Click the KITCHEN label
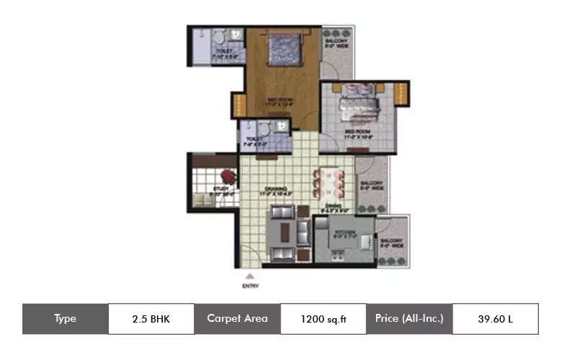click(339, 233)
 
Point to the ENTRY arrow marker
click(249, 275)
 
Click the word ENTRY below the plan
click(249, 286)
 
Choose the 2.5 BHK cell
click(151, 319)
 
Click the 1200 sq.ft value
click(323, 319)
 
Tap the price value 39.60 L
click(495, 319)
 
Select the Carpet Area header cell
click(237, 319)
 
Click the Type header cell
click(65, 319)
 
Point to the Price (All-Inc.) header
click(409, 319)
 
